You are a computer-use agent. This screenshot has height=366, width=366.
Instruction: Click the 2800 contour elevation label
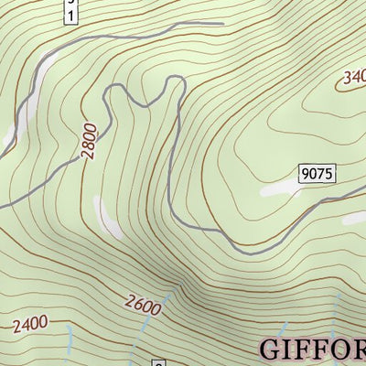[88, 143]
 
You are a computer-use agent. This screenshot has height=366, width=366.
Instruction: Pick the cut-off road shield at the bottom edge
[156, 362]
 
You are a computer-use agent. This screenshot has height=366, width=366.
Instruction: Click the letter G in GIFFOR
[272, 350]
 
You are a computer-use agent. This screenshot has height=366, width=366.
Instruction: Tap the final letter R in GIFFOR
[362, 350]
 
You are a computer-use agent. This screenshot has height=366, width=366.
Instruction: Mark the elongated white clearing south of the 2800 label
[109, 216]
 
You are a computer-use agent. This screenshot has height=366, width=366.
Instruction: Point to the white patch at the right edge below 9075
[355, 219]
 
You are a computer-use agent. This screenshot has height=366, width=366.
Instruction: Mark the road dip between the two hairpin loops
[145, 103]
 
